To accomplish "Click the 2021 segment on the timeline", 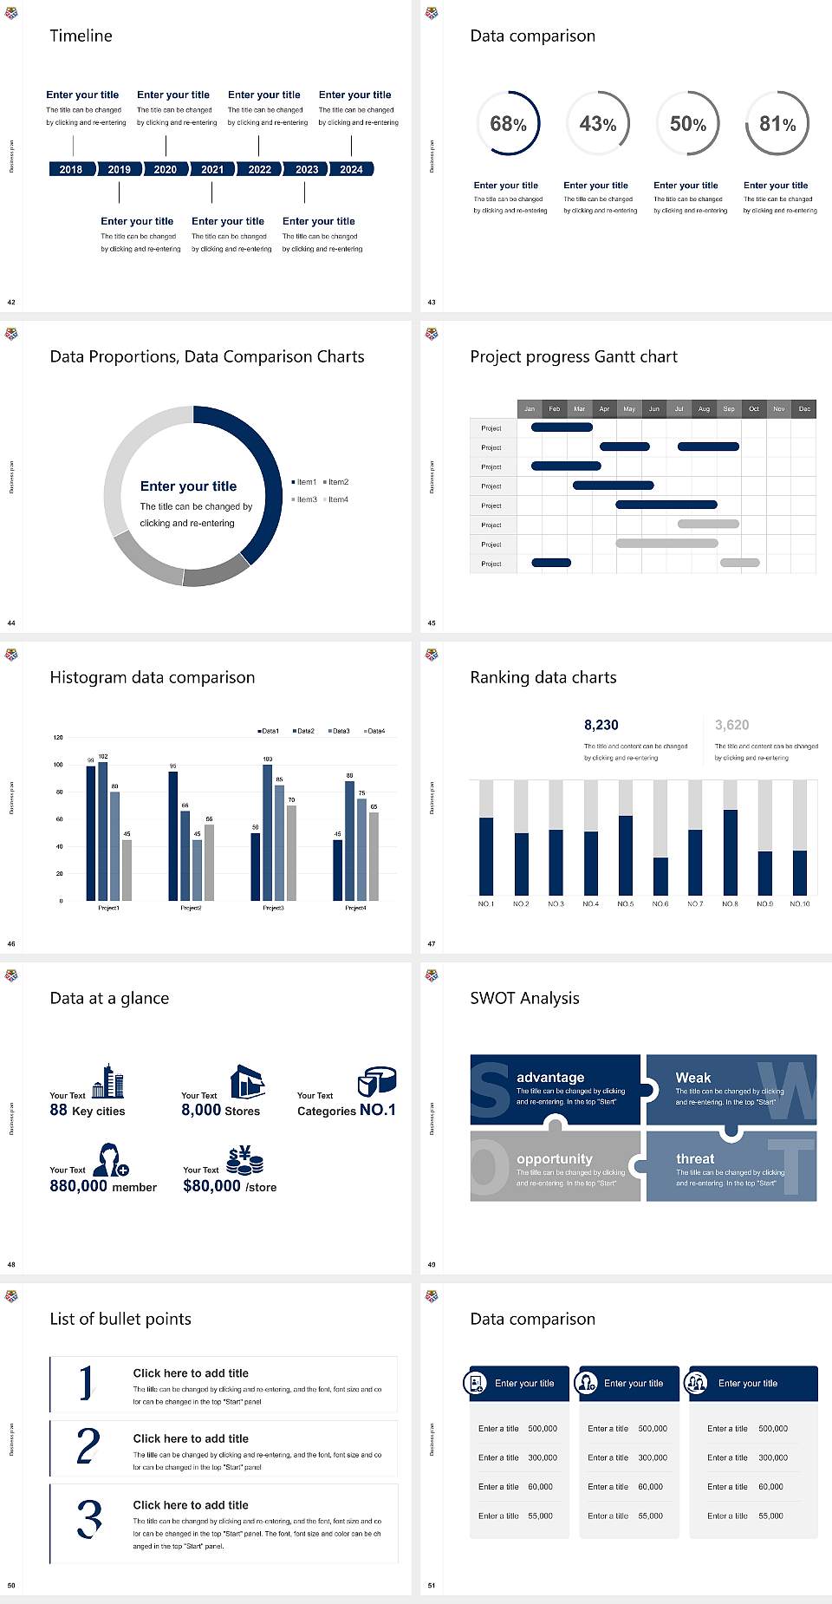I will coord(212,169).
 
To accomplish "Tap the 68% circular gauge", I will coord(508,123).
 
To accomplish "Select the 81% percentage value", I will coord(777,124).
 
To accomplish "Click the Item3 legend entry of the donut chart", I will coord(304,499).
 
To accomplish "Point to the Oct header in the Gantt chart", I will coord(754,408).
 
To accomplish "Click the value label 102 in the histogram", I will coord(103,757).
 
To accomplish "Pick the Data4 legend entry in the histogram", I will coord(374,731).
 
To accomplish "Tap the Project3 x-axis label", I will coord(273,908).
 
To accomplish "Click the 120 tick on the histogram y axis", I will coord(58,738).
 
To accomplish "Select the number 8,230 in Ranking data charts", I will coord(601,725).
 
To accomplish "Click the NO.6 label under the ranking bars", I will coord(660,903).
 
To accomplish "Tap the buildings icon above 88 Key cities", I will coord(108,1081).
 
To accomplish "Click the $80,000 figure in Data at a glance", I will coord(211,1186).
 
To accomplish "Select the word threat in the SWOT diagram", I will coord(695,1158).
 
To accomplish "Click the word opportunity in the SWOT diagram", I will coord(555,1158).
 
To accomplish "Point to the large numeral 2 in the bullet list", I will coord(88,1446).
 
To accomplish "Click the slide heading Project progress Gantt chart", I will coord(574,356).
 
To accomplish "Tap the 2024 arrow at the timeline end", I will coord(351,169).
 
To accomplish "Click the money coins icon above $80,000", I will coord(244,1160).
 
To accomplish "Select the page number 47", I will coord(432,943).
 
